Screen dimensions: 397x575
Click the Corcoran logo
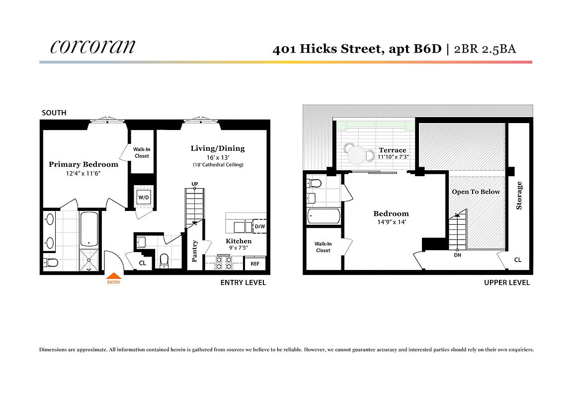pos(92,46)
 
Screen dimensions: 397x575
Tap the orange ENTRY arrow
pos(114,276)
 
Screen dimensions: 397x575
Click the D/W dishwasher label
pos(259,227)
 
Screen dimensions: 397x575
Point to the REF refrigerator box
pos(255,264)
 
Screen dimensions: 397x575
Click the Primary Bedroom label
pos(83,164)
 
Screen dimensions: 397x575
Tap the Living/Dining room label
pos(218,148)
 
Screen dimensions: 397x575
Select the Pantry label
pos(195,251)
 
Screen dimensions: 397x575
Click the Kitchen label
pos(239,241)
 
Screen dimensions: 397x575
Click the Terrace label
pos(393,150)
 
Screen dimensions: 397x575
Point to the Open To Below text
pos(476,192)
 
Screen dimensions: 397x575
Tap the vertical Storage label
pos(519,195)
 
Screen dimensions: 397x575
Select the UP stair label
pos(195,184)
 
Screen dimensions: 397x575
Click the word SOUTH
pos(54,113)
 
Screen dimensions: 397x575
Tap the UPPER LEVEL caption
pos(506,282)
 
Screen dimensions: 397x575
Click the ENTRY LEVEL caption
pos(243,282)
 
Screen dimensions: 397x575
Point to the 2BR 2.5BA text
pos(485,49)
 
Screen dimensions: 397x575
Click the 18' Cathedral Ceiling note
pos(218,165)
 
